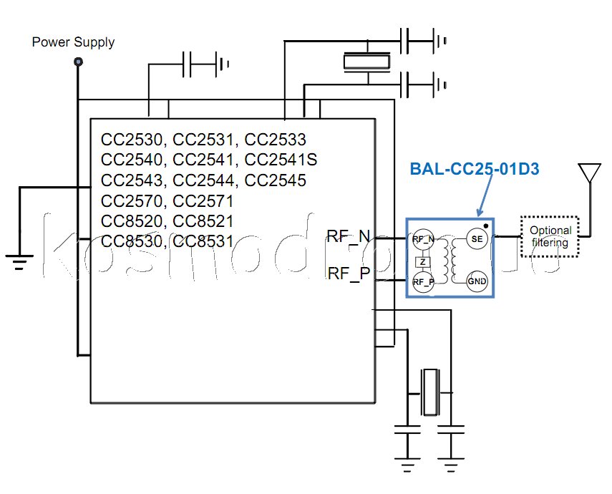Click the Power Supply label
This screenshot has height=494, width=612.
click(x=73, y=42)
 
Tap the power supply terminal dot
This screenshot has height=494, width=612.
click(x=78, y=62)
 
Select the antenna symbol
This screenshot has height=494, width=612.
click(x=590, y=173)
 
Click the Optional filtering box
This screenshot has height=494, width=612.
click(x=550, y=236)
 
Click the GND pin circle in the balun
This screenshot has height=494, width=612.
click(x=477, y=281)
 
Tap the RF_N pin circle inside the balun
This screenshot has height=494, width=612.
click(x=423, y=239)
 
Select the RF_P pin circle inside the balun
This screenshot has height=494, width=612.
click(x=423, y=282)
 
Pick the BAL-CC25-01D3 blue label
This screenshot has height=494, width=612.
click(x=474, y=170)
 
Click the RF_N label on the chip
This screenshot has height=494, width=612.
click(x=348, y=236)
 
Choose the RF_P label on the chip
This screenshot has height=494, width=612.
click(x=348, y=273)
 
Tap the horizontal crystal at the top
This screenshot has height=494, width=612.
click(x=366, y=62)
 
